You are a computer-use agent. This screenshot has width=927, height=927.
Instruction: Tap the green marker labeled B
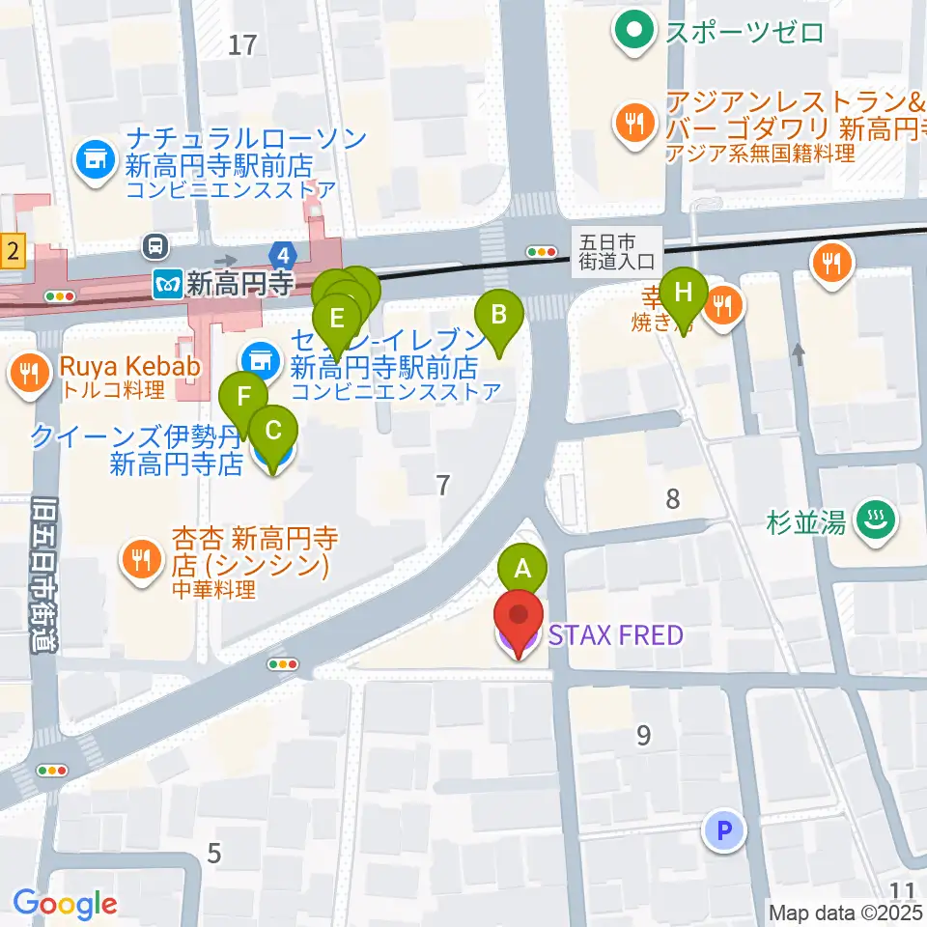click(x=499, y=316)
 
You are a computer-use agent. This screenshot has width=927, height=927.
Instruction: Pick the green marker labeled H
click(x=684, y=293)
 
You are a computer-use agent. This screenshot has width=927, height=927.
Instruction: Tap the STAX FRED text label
click(x=616, y=635)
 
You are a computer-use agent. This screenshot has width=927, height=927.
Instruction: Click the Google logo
click(x=65, y=904)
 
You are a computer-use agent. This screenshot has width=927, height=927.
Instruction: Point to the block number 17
click(x=243, y=43)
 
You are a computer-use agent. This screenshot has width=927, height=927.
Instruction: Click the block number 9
click(x=643, y=736)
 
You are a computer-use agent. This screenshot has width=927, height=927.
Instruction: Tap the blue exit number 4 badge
click(x=283, y=256)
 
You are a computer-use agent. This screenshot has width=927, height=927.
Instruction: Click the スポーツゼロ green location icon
click(x=633, y=32)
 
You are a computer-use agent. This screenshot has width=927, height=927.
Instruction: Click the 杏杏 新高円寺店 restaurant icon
click(x=142, y=560)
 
